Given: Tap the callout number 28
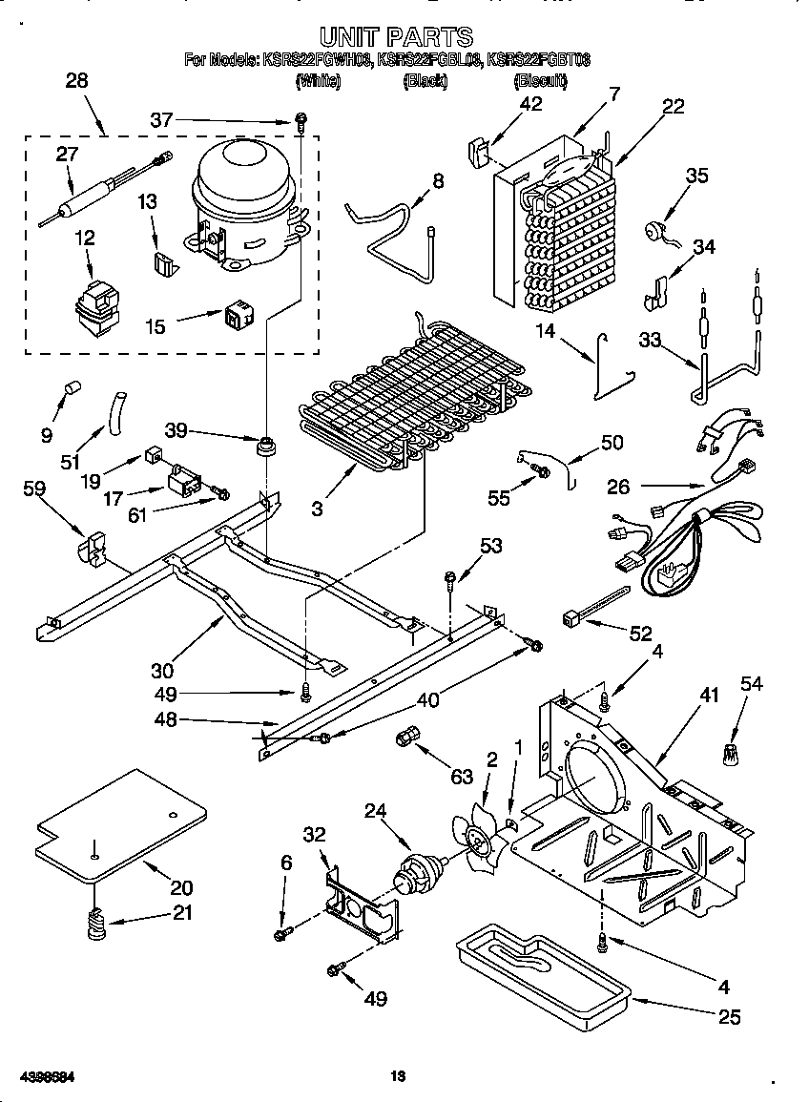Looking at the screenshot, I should [76, 81].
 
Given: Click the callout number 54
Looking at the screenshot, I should [752, 683].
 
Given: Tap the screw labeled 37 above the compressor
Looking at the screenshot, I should [301, 121].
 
